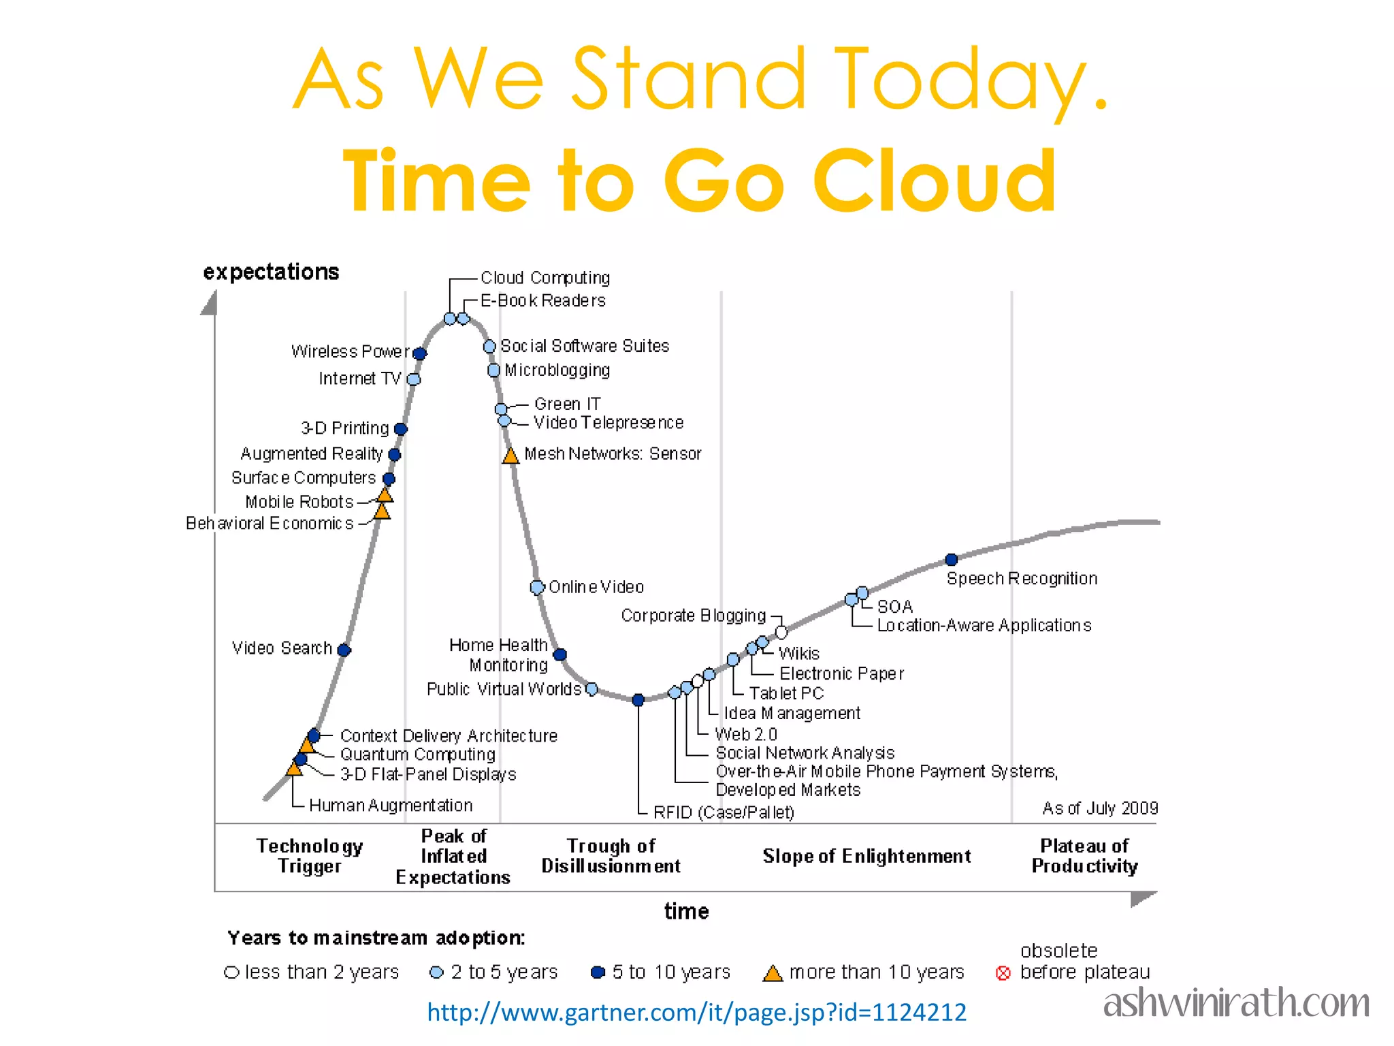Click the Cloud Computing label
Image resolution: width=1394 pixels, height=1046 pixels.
545,278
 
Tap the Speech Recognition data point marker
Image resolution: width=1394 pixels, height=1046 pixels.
952,560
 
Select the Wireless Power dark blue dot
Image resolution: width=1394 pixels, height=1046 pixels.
420,353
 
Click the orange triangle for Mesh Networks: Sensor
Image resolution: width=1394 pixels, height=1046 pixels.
510,456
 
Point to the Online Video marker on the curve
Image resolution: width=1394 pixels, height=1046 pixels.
537,587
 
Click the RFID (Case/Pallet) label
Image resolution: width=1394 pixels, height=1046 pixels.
724,812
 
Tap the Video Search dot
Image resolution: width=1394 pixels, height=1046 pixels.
344,650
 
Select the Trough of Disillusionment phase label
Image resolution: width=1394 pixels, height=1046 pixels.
611,856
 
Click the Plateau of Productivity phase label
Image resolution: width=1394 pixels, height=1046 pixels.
1084,856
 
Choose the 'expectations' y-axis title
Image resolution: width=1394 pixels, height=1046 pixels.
271,272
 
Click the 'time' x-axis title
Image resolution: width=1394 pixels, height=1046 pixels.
686,911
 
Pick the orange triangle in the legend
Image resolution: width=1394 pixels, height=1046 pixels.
773,973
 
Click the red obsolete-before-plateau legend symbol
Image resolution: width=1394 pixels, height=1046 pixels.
1003,973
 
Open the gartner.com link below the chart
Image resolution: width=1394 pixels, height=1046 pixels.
696,1013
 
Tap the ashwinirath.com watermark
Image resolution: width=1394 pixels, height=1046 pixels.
1236,1003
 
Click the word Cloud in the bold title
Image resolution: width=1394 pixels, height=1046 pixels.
934,181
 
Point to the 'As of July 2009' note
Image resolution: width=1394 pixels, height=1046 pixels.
1100,808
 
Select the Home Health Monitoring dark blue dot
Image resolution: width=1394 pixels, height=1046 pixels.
560,654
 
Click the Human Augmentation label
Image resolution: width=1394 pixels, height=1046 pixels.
391,806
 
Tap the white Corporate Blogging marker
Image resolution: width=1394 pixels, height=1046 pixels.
781,633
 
